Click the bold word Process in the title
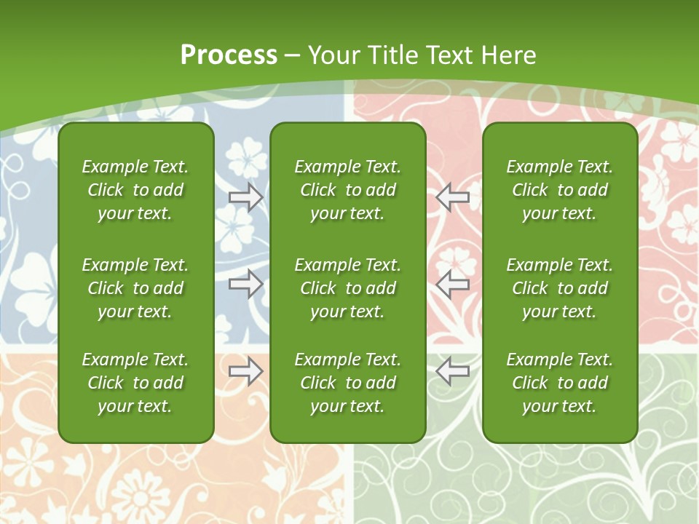(x=229, y=55)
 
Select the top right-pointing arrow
(x=245, y=197)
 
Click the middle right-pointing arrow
(x=245, y=284)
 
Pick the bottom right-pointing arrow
(x=245, y=371)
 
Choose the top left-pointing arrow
(x=452, y=197)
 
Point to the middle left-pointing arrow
(x=452, y=284)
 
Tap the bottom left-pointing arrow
(x=452, y=371)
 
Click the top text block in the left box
(x=135, y=190)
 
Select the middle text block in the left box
(x=135, y=288)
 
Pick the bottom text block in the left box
(x=135, y=383)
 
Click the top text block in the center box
(x=347, y=190)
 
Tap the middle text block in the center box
(x=347, y=288)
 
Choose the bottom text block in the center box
(x=347, y=383)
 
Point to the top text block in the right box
(x=560, y=190)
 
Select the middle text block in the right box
(x=560, y=288)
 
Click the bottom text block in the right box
(x=560, y=383)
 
